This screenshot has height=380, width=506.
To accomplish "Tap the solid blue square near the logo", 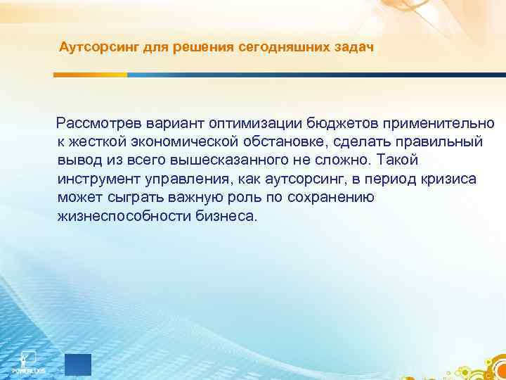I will pyautogui.click(x=78, y=365).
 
